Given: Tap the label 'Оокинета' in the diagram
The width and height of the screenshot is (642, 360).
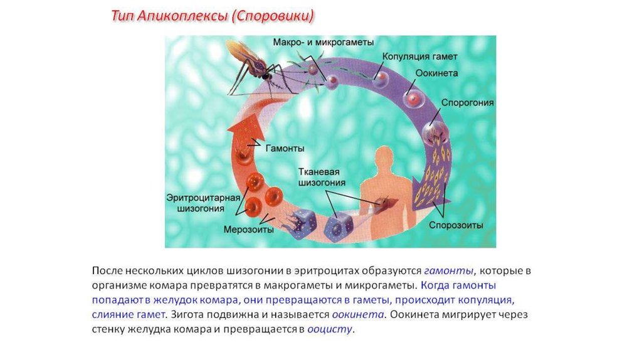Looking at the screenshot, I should pyautogui.click(x=436, y=73).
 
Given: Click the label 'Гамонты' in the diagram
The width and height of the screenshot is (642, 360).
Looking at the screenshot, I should pyautogui.click(x=285, y=149).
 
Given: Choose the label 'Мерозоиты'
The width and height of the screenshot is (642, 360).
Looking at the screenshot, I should pyautogui.click(x=249, y=230).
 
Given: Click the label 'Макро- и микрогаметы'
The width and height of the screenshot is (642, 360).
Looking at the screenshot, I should pyautogui.click(x=324, y=42).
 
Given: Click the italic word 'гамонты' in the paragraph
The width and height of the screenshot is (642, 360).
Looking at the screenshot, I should pyautogui.click(x=449, y=271).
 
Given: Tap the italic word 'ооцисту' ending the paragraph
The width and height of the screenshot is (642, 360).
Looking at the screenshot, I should pyautogui.click(x=330, y=328).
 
